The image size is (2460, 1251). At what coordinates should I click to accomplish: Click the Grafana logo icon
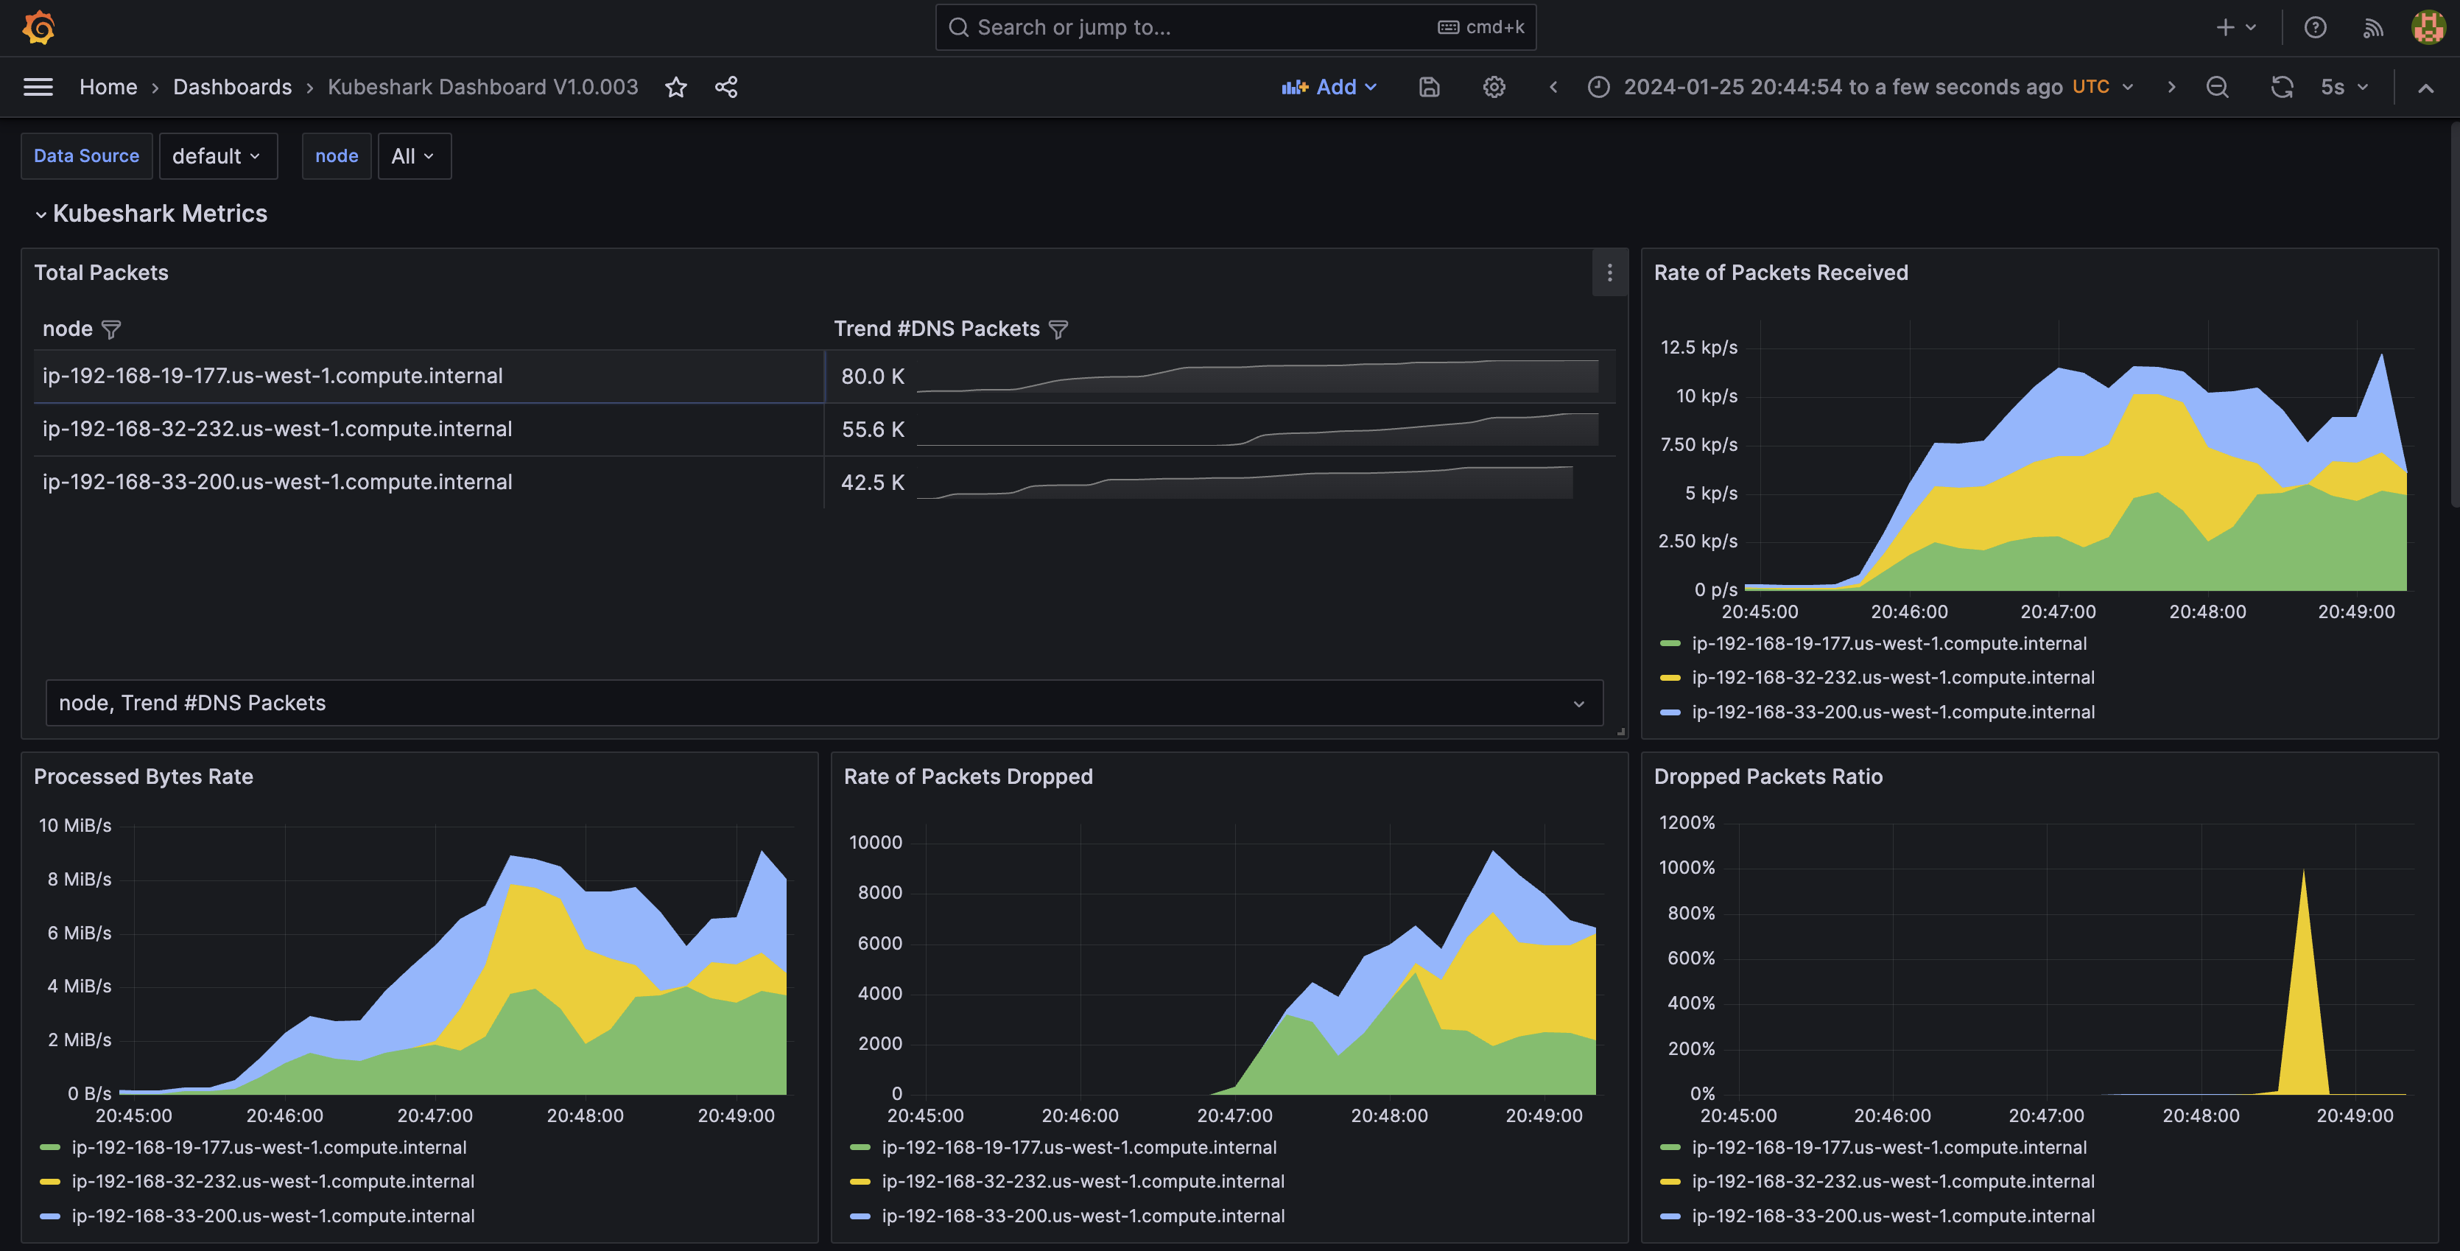pos(38,27)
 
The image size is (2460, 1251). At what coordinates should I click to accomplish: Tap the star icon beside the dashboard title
pos(676,87)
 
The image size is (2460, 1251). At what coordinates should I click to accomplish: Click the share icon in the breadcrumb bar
pos(725,87)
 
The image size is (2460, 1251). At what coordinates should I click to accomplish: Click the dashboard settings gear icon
pos(1494,87)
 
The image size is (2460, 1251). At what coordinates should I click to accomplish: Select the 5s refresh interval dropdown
pos(2344,87)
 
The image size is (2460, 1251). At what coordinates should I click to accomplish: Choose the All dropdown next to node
pos(413,155)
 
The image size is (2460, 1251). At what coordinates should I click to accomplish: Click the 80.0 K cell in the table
pos(872,376)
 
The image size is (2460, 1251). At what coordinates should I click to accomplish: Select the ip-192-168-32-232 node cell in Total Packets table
pos(277,429)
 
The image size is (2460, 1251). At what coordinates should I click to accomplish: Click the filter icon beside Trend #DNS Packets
pos(1058,329)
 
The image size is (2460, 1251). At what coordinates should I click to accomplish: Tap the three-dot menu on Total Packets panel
pos(1609,273)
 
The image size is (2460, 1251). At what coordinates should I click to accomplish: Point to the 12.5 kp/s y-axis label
pos(1699,348)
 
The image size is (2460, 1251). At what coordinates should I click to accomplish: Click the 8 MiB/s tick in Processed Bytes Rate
pos(80,878)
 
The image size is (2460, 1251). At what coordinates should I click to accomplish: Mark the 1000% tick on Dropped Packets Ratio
pos(1687,867)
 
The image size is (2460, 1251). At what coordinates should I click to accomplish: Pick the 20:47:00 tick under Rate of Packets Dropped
pos(1234,1115)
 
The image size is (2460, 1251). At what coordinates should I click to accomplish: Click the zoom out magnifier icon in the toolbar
pos(2218,87)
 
